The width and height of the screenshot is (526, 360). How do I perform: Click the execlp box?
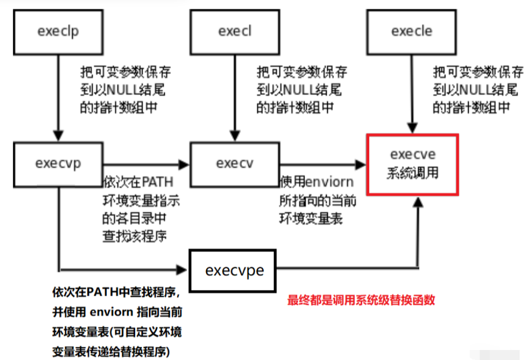pos(58,31)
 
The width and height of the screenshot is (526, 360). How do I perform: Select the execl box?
pos(235,31)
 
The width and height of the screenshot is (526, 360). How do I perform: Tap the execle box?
pos(411,31)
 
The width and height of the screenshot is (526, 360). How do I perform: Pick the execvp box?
pos(58,163)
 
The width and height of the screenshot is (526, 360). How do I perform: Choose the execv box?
pos(235,163)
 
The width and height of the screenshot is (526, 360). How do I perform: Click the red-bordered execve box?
pos(413,163)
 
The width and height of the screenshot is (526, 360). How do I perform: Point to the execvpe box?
pos(234,271)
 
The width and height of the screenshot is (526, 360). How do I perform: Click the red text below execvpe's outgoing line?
pos(361,301)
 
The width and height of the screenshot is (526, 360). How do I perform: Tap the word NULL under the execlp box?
pos(123,89)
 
